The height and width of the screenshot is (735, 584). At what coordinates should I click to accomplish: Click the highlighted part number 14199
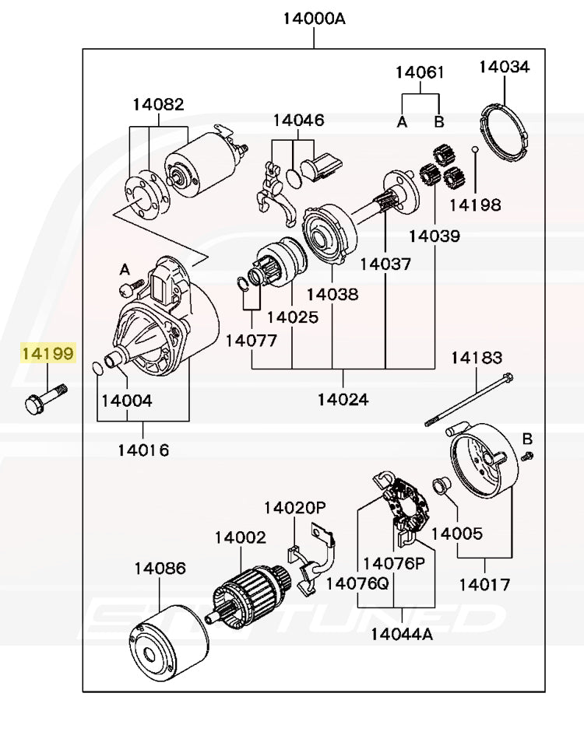(47, 355)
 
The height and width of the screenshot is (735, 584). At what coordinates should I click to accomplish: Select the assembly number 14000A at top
(314, 18)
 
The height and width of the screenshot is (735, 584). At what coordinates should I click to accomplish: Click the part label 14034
(504, 67)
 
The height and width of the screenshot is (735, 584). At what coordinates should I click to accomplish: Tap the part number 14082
(158, 104)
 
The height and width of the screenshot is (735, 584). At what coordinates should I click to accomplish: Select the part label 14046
(298, 121)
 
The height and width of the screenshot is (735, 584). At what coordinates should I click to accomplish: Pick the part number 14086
(160, 569)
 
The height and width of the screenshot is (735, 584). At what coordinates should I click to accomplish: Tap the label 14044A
(402, 633)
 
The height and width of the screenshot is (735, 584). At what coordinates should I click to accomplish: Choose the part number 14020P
(294, 508)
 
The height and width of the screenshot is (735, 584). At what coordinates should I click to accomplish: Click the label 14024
(343, 400)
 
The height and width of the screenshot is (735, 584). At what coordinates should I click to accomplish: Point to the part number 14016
(143, 450)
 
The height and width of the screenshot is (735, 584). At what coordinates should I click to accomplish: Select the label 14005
(456, 534)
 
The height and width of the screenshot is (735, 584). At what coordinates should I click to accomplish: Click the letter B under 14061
(439, 121)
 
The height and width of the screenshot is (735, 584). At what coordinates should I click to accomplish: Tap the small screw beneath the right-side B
(527, 454)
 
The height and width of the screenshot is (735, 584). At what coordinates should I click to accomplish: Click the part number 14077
(252, 341)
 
